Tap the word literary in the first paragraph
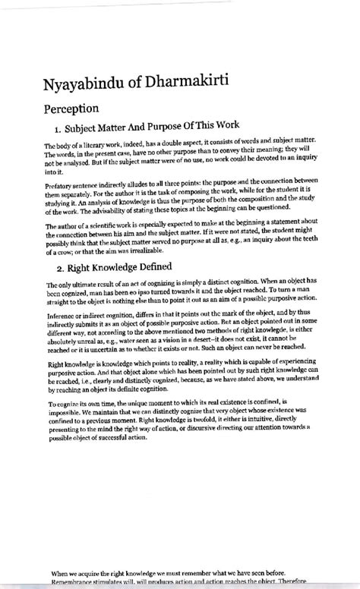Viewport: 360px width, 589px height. tap(93, 146)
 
